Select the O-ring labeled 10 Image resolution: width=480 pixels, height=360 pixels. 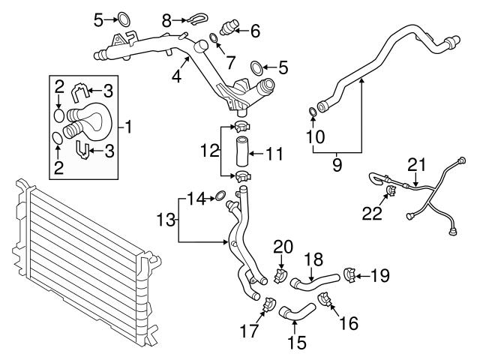312,113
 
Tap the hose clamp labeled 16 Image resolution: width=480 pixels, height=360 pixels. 325,301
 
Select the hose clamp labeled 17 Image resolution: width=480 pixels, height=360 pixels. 266,304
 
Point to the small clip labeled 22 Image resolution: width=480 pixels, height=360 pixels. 391,196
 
